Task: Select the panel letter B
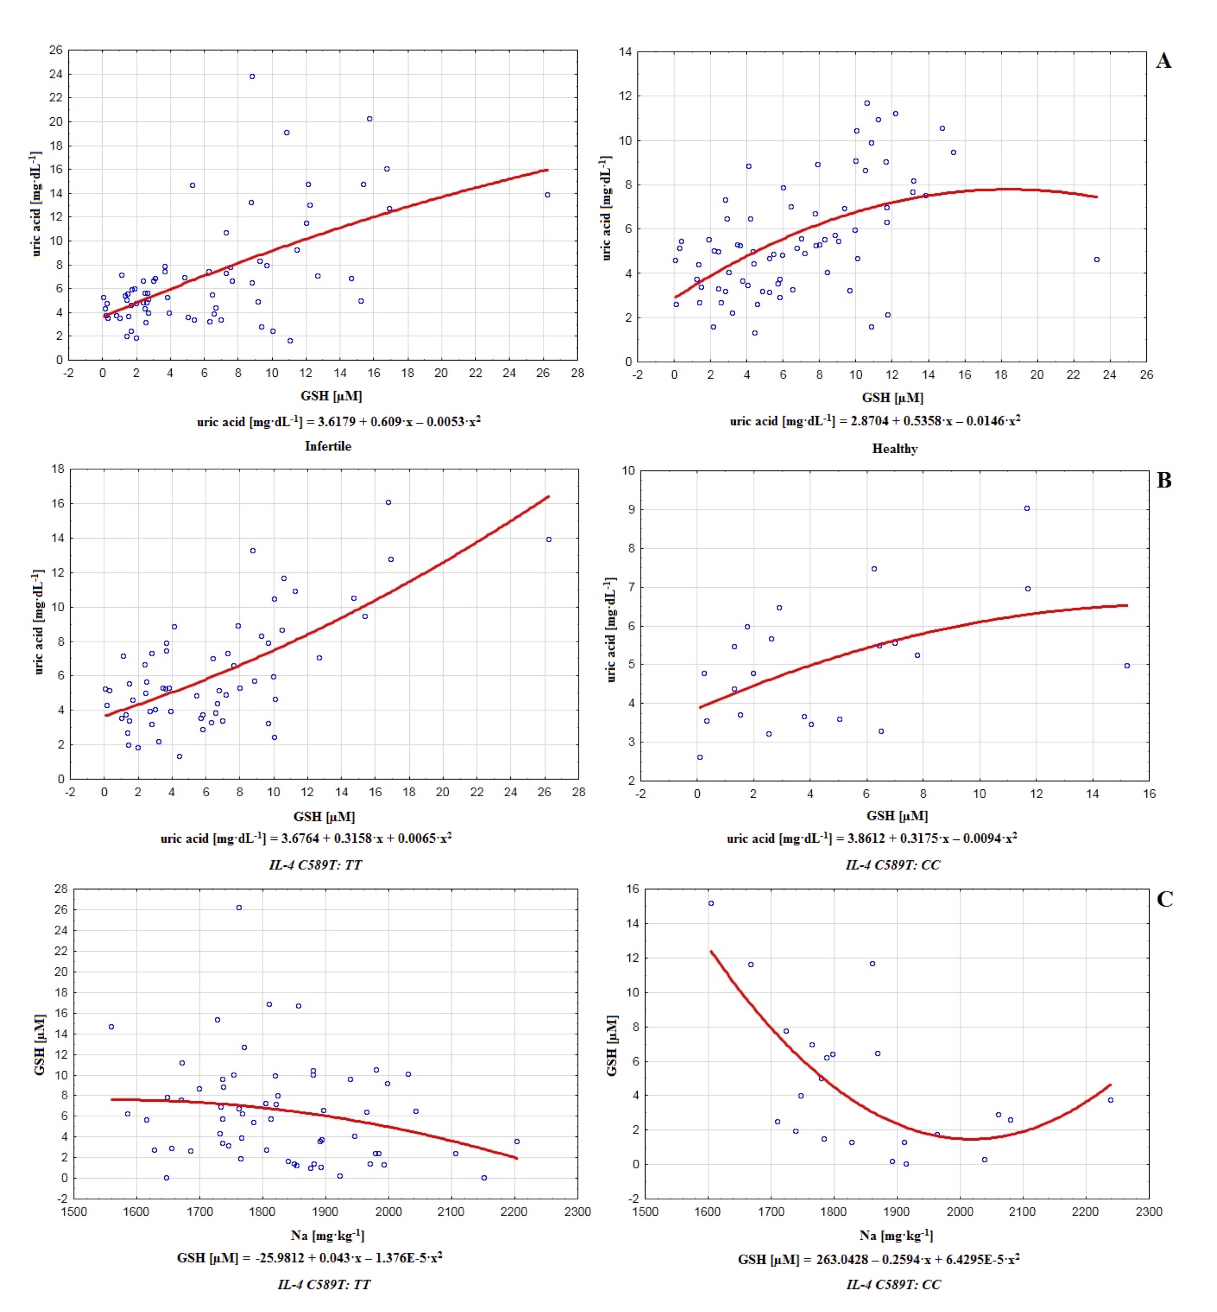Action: point(1164,481)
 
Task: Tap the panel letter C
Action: point(1164,899)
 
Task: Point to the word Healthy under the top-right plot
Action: point(894,449)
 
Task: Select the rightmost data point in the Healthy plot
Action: point(1097,260)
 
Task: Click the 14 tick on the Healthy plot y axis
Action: point(625,52)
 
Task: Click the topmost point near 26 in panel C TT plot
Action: point(239,908)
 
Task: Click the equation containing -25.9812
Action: point(310,1258)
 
